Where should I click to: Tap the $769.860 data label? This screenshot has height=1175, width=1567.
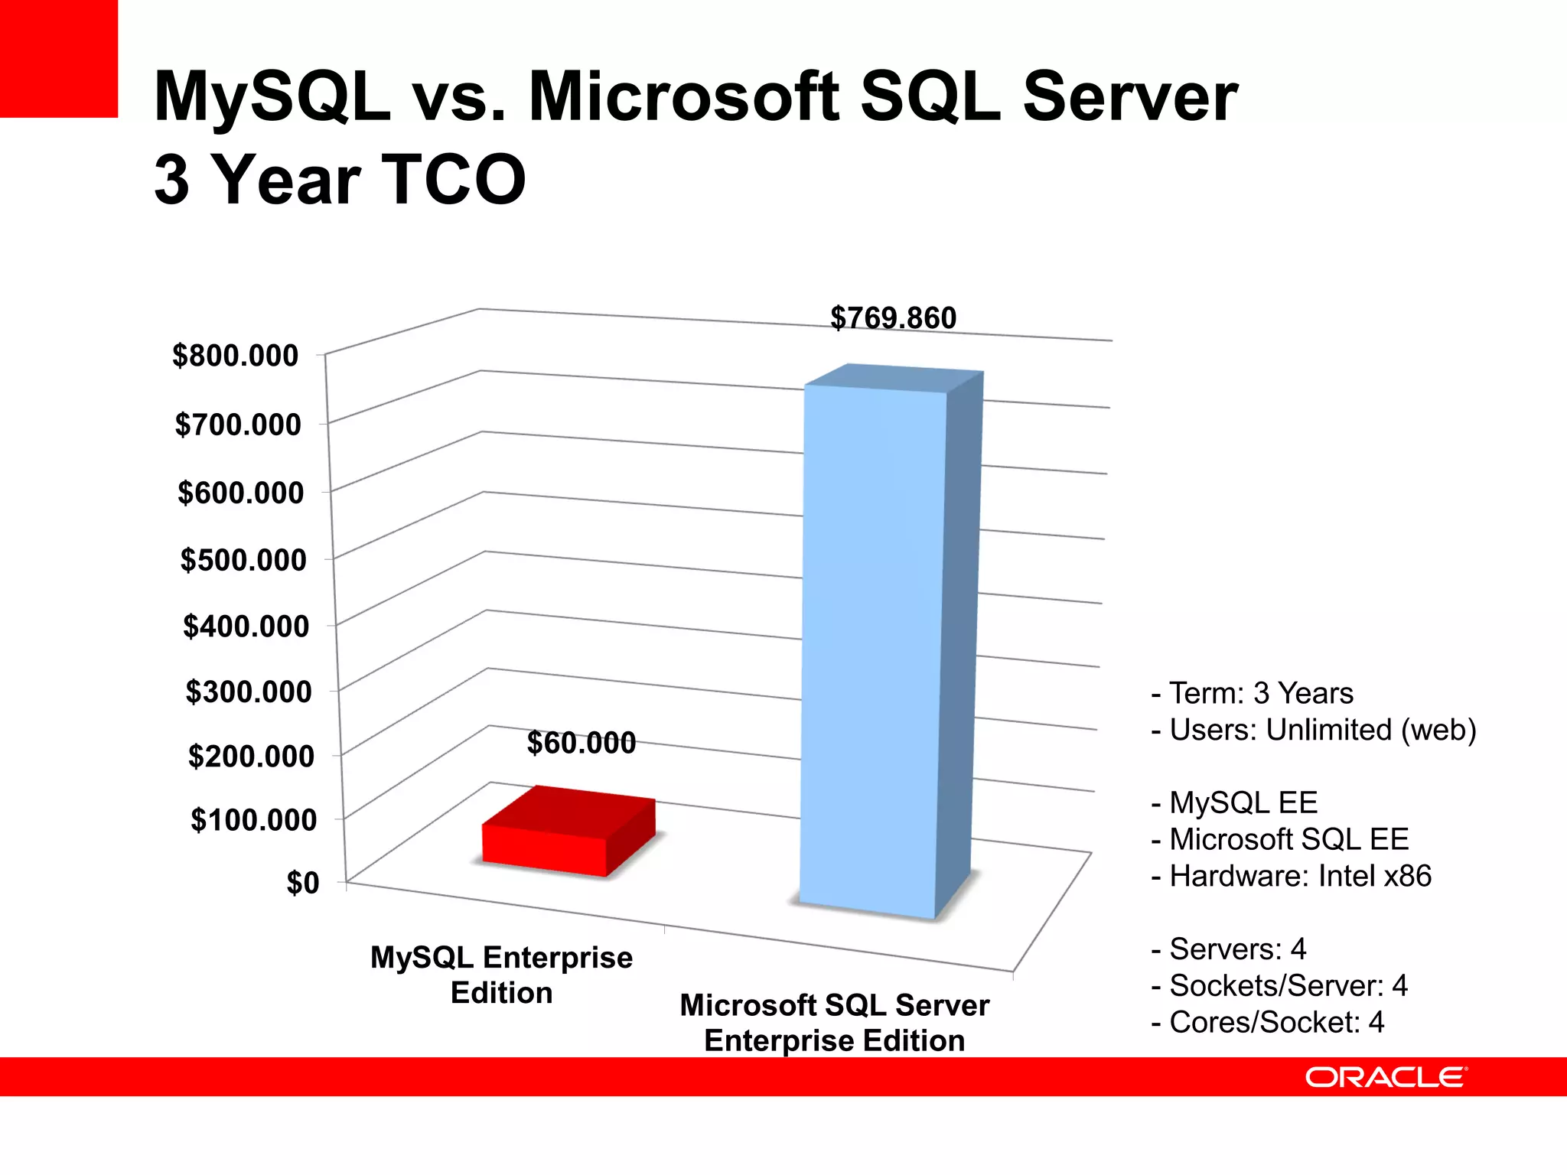click(893, 318)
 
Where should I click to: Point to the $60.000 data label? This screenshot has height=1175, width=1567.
click(582, 743)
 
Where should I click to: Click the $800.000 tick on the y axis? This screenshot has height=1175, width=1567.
click(235, 356)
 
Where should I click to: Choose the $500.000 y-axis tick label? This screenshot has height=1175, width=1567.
click(243, 560)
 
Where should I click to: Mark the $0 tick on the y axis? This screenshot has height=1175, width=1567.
click(303, 883)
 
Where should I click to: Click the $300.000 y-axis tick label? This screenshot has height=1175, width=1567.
click(249, 692)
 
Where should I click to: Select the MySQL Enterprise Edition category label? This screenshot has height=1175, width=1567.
click(501, 975)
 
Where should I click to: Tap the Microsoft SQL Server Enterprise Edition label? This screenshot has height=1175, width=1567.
click(834, 1022)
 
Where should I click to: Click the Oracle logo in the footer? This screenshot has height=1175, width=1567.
click(1386, 1077)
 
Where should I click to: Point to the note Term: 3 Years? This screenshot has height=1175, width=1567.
click(1253, 693)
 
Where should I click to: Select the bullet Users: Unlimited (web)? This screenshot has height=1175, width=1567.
click(1314, 730)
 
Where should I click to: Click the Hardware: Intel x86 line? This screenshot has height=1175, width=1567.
click(1292, 876)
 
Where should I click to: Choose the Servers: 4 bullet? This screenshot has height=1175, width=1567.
click(1229, 949)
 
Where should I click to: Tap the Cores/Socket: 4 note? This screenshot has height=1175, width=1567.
click(1268, 1023)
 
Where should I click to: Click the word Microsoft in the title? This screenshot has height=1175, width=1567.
click(684, 97)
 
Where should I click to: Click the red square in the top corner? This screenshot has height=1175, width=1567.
click(58, 58)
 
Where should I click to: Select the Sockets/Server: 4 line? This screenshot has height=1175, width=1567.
click(1279, 986)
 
